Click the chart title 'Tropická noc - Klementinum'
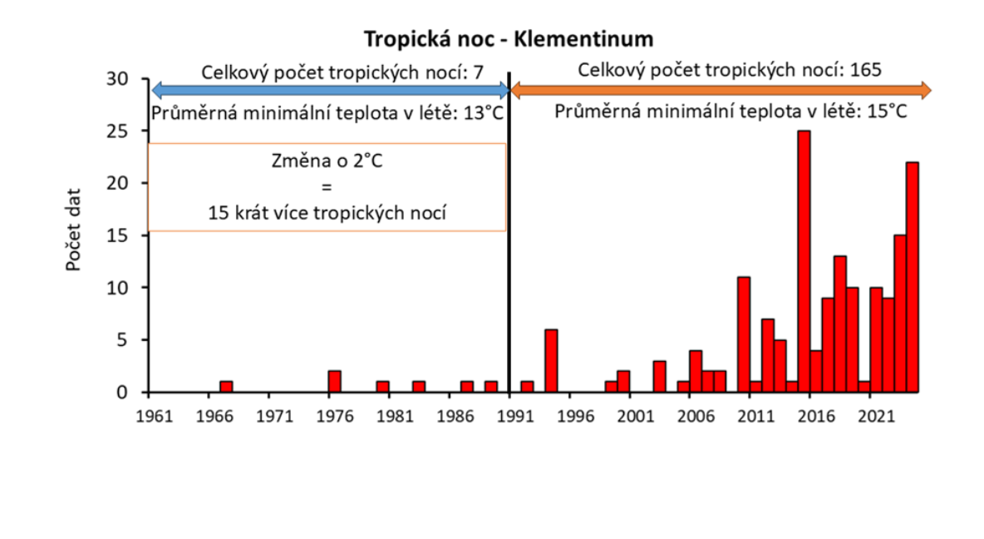[508, 38]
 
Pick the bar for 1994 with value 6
[551, 361]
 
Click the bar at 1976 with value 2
[334, 382]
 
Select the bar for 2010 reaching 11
[744, 334]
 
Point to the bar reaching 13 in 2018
[839, 324]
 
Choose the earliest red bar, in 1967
[226, 387]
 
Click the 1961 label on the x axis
[150, 413]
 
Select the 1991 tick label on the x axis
[510, 413]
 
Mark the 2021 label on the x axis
[871, 413]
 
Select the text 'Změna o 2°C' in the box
[327, 161]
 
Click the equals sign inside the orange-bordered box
[327, 187]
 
